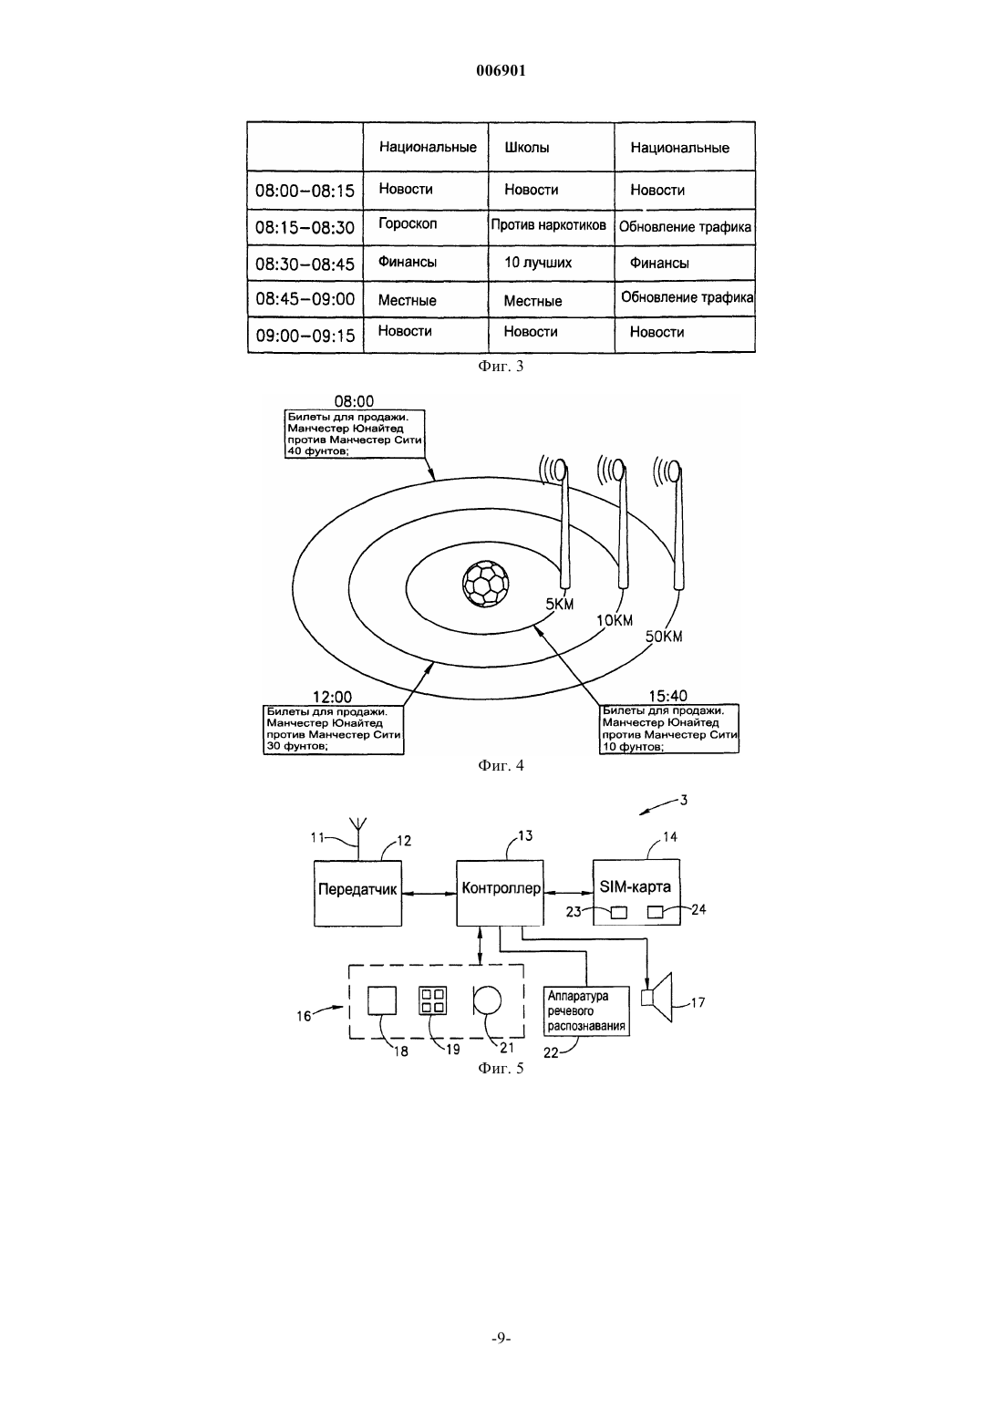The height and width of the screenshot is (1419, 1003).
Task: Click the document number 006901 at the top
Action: [501, 70]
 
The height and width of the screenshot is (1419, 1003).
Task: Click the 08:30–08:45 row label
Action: [305, 264]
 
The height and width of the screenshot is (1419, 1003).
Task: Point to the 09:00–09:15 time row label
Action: [305, 336]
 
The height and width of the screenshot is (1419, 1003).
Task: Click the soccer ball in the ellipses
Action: [486, 584]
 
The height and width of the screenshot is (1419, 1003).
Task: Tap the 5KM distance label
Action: [560, 605]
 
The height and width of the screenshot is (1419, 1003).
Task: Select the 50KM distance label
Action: [664, 637]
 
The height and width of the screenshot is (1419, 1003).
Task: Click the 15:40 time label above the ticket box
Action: [667, 696]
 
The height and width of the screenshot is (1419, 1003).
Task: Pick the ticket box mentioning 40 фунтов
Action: [355, 434]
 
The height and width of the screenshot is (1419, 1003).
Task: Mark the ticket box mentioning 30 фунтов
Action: [334, 730]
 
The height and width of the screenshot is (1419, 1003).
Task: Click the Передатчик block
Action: [357, 893]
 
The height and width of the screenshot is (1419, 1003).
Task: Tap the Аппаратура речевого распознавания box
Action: [586, 1011]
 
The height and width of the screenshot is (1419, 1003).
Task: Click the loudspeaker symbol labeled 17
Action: [656, 998]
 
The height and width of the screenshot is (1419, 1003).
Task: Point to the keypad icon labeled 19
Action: [433, 1001]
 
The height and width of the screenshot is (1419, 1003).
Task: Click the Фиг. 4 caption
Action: [501, 765]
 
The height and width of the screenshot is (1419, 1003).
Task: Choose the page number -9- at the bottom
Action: [501, 1338]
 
